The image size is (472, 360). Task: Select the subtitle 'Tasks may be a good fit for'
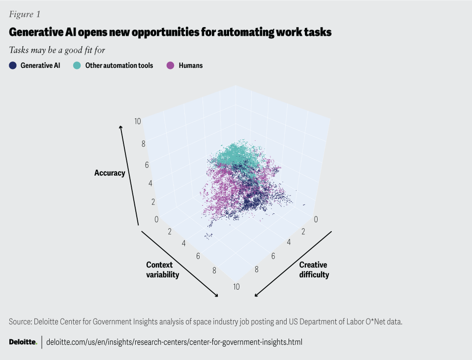click(57, 50)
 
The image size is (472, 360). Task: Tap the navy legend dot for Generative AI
click(13, 65)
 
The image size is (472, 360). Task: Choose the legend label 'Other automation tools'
click(119, 65)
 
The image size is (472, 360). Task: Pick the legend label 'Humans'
click(191, 65)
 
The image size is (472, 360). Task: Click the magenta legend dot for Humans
click(171, 65)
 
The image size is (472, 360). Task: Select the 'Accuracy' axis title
click(110, 173)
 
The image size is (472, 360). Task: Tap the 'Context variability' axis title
click(162, 270)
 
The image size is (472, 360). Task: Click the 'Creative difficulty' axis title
click(314, 270)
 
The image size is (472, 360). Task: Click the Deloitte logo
click(23, 342)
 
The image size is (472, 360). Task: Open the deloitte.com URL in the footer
click(174, 342)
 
